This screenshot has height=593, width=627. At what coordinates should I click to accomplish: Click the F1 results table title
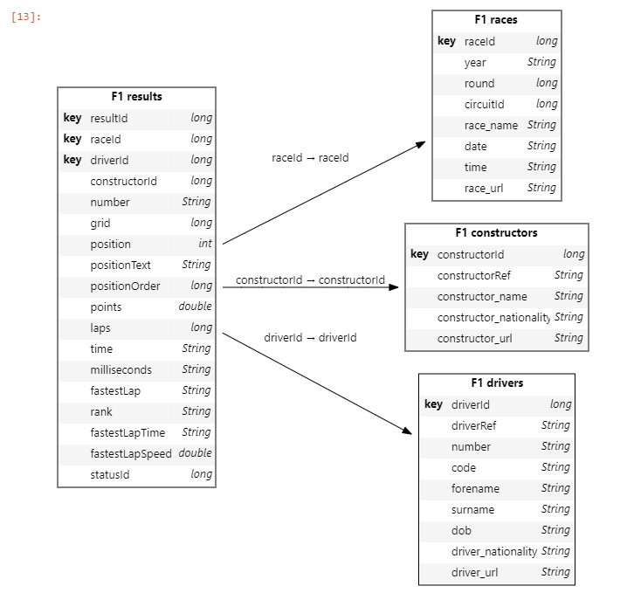point(136,97)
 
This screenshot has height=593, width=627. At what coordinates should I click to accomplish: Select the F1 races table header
point(496,20)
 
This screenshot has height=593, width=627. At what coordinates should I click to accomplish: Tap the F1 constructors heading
point(496,233)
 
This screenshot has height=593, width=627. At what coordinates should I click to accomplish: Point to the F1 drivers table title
point(496,383)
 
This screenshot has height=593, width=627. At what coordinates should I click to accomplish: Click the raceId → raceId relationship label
point(310,158)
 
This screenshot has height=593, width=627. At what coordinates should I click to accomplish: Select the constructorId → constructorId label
point(310,280)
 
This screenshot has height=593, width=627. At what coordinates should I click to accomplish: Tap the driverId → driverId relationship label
point(310,338)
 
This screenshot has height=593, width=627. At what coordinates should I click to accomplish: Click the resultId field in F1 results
point(109,119)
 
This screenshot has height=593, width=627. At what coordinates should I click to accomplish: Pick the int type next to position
point(204,245)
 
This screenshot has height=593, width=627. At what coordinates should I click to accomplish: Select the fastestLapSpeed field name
point(131,454)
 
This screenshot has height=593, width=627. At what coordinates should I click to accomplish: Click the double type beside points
point(195,307)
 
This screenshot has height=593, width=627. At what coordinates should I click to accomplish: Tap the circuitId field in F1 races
point(485,105)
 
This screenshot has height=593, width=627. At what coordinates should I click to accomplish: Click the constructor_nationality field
point(493,318)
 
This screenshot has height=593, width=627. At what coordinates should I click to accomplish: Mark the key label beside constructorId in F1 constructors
point(419,255)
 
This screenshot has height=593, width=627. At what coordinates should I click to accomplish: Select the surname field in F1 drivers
point(472,510)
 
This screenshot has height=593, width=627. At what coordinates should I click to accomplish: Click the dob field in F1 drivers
point(461,531)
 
